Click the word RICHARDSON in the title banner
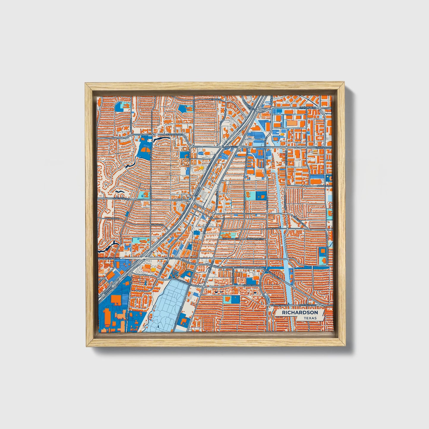[x=300, y=313]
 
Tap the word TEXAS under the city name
[x=310, y=318]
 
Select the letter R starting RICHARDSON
[x=284, y=313]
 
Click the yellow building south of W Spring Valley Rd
[x=153, y=269]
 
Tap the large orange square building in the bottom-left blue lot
[x=116, y=300]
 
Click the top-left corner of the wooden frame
[x=86, y=84]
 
